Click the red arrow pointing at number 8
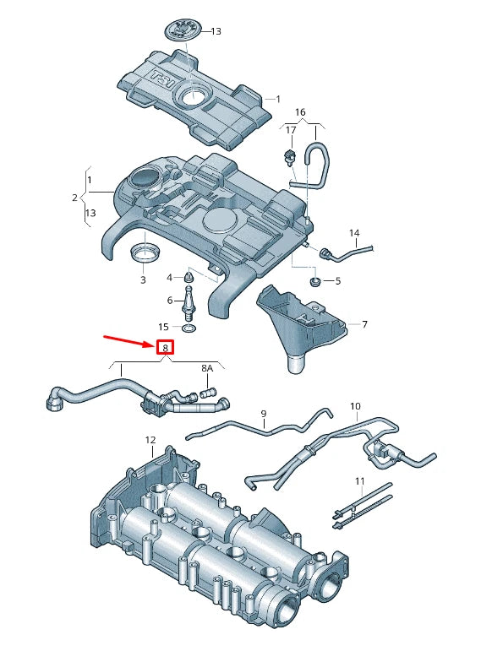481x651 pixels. pyautogui.click(x=128, y=341)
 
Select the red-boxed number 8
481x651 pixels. pyautogui.click(x=166, y=347)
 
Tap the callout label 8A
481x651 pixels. pyautogui.click(x=207, y=368)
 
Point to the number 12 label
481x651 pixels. pyautogui.click(x=150, y=440)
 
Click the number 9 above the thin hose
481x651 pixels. pyautogui.click(x=264, y=414)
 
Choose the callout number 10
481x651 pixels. pyautogui.click(x=355, y=406)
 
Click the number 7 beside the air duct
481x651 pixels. pyautogui.click(x=364, y=324)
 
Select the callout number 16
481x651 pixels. pyautogui.click(x=300, y=111)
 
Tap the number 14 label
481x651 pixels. pyautogui.click(x=354, y=232)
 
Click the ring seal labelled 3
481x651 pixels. pyautogui.click(x=143, y=252)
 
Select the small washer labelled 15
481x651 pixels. pyautogui.click(x=187, y=327)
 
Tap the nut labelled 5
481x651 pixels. pyautogui.click(x=315, y=280)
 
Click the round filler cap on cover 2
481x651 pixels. pyautogui.click(x=145, y=179)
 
